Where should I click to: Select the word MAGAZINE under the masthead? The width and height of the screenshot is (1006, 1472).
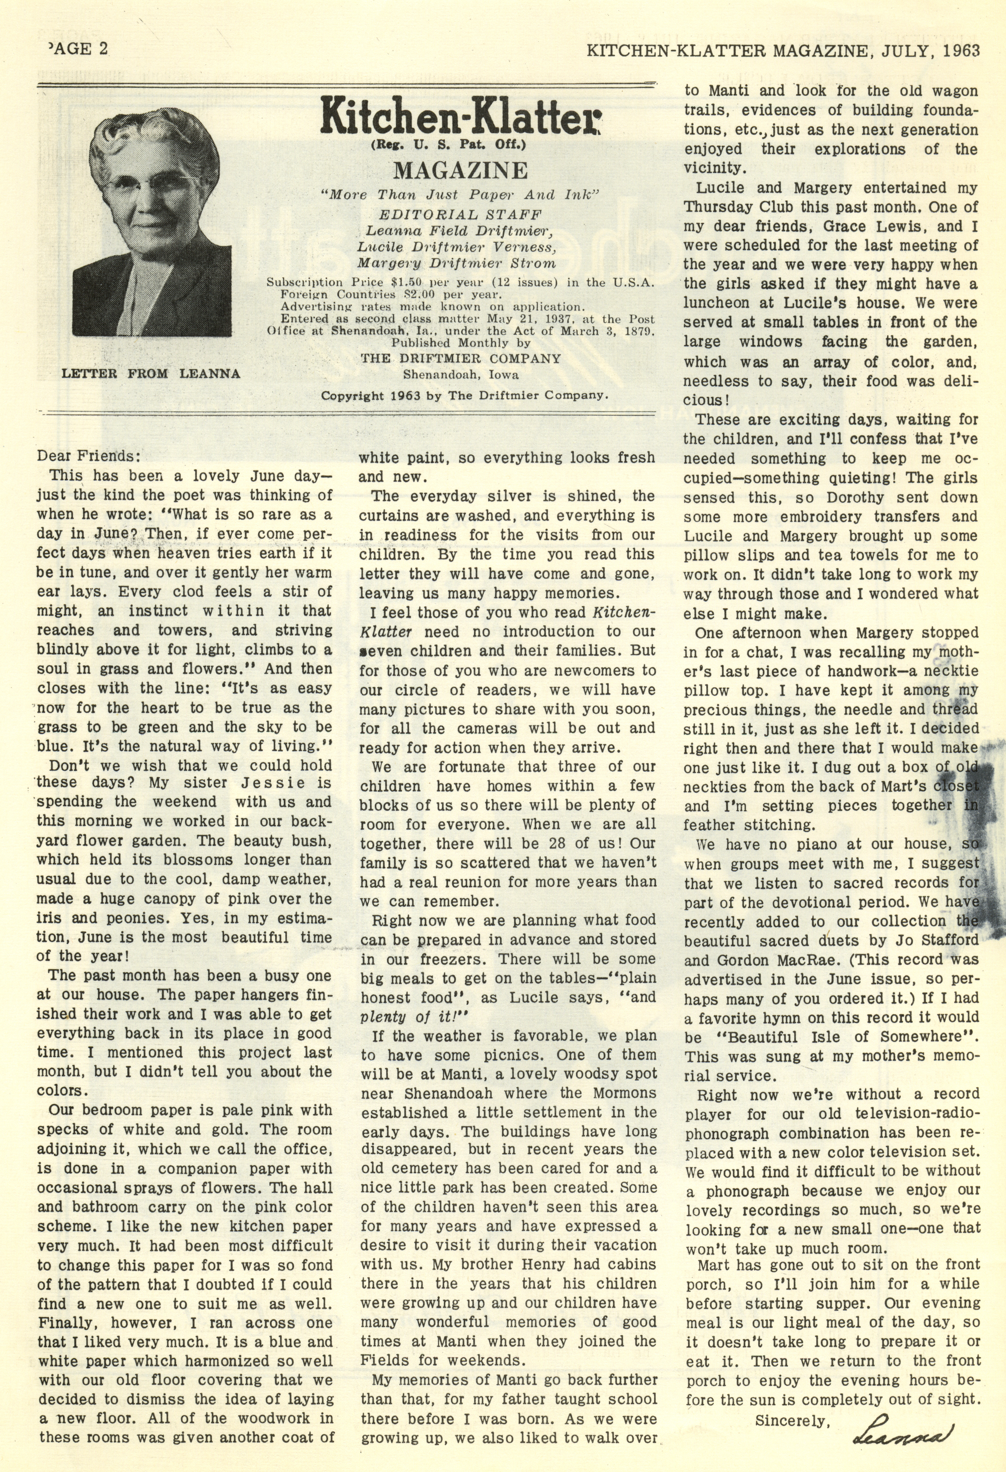[460, 170]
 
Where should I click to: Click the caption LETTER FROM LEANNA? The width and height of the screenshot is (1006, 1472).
[151, 374]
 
